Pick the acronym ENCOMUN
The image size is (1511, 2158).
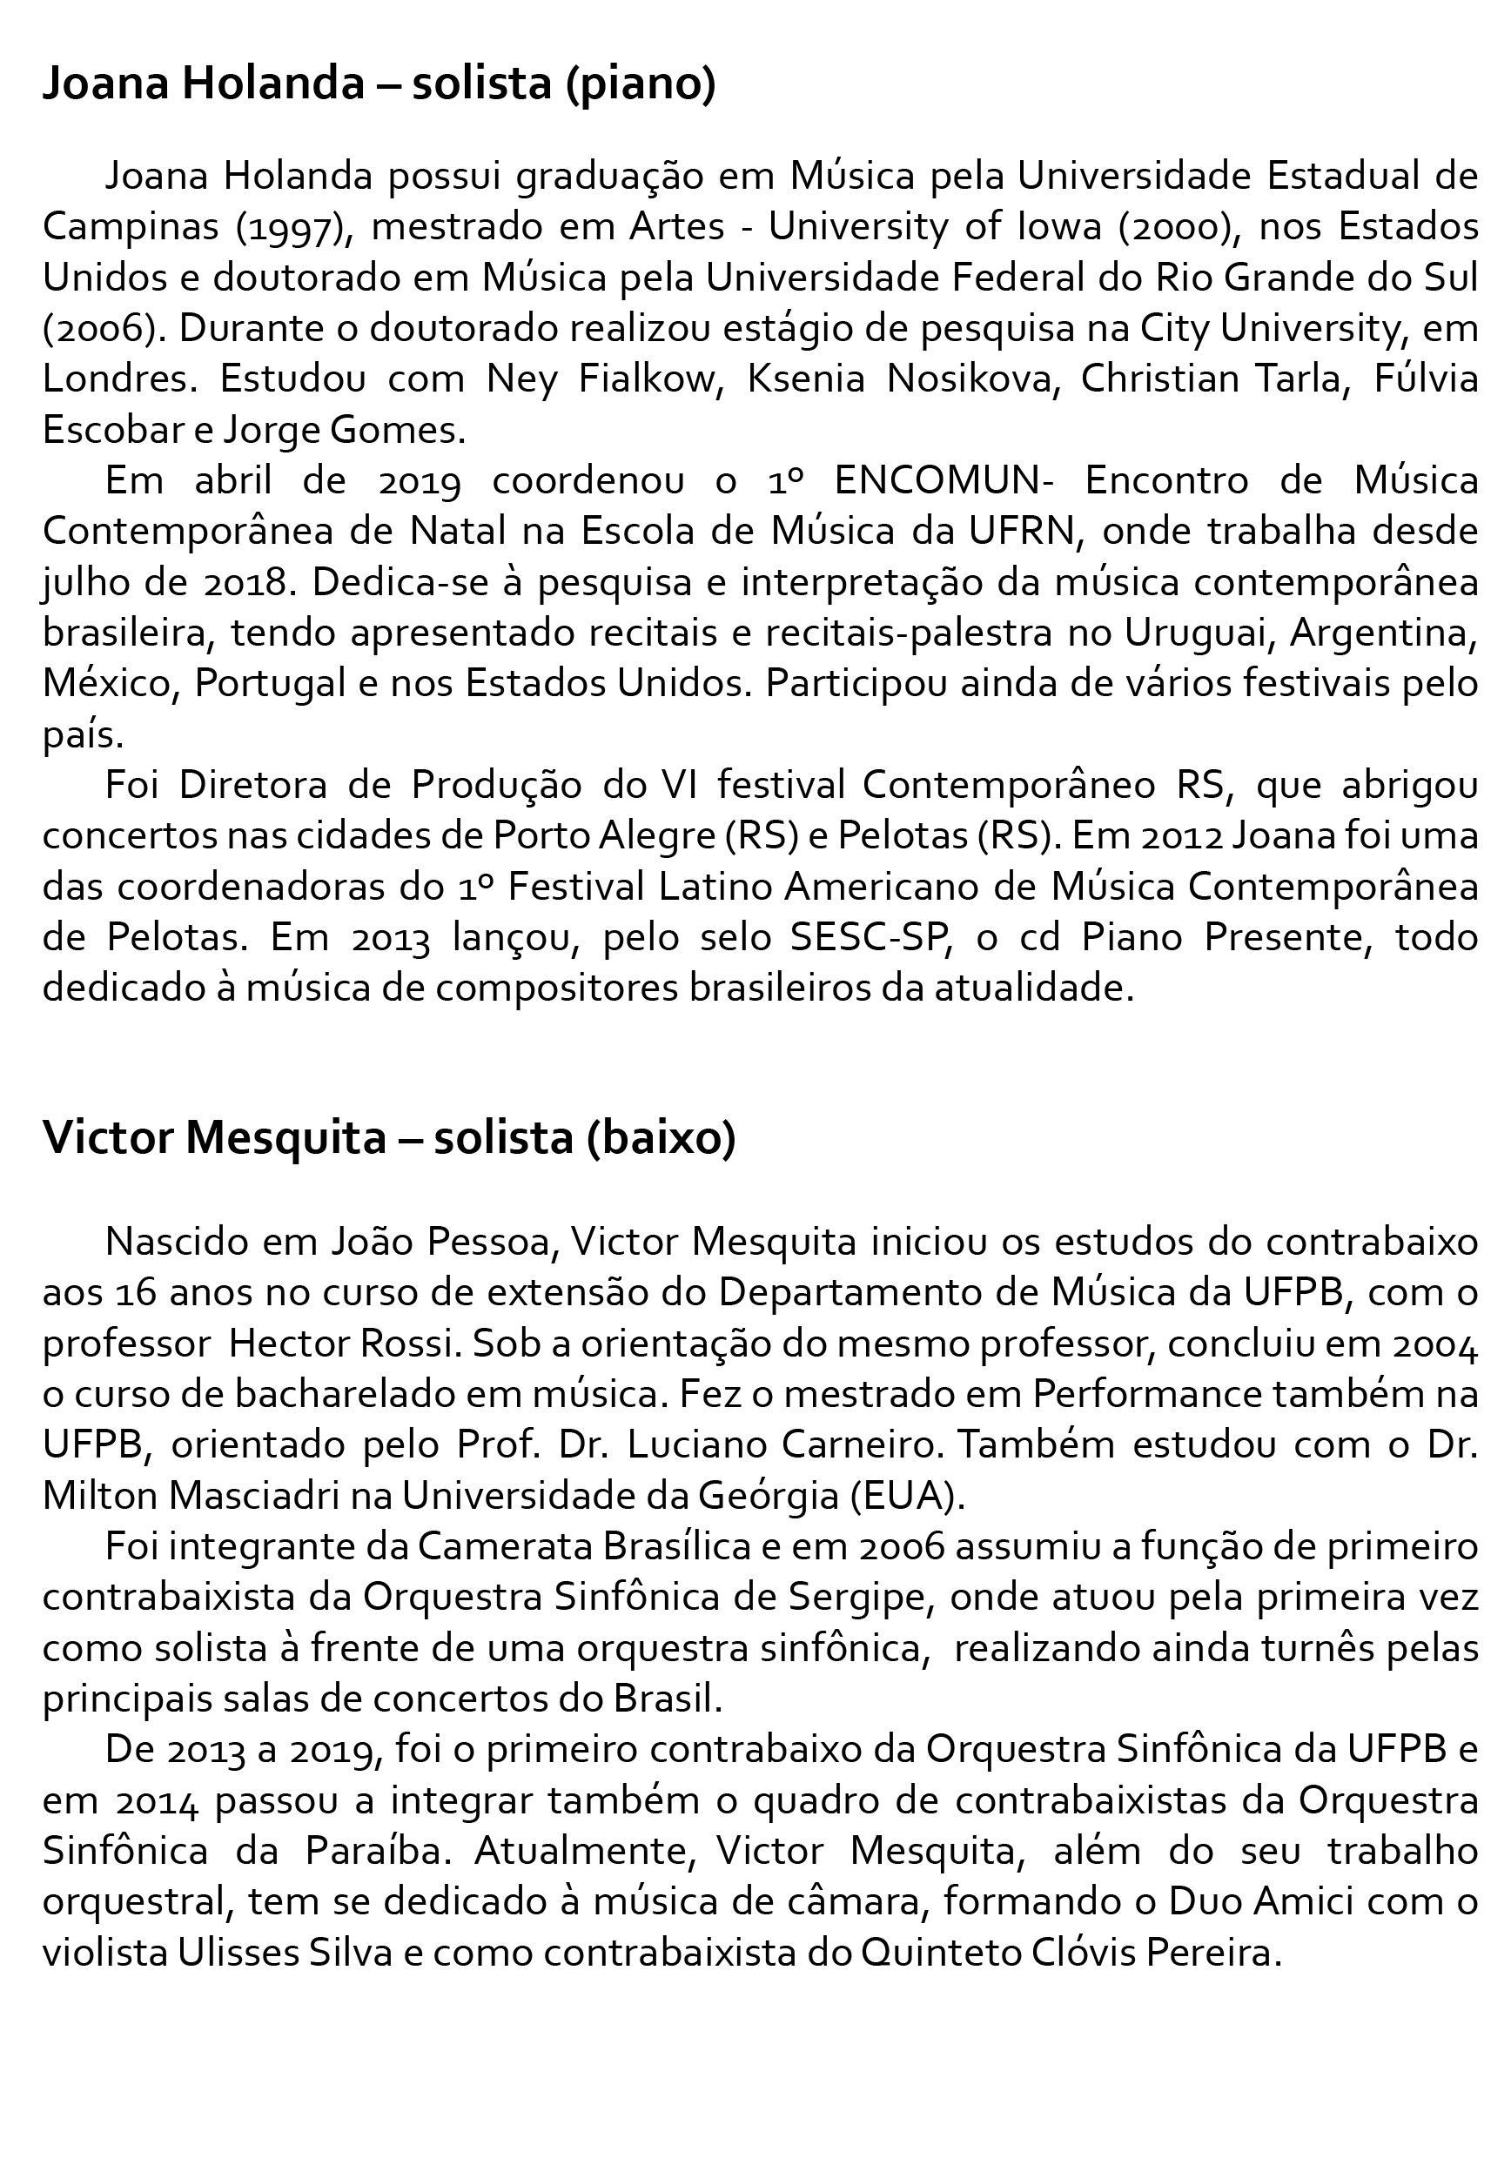click(x=937, y=480)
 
